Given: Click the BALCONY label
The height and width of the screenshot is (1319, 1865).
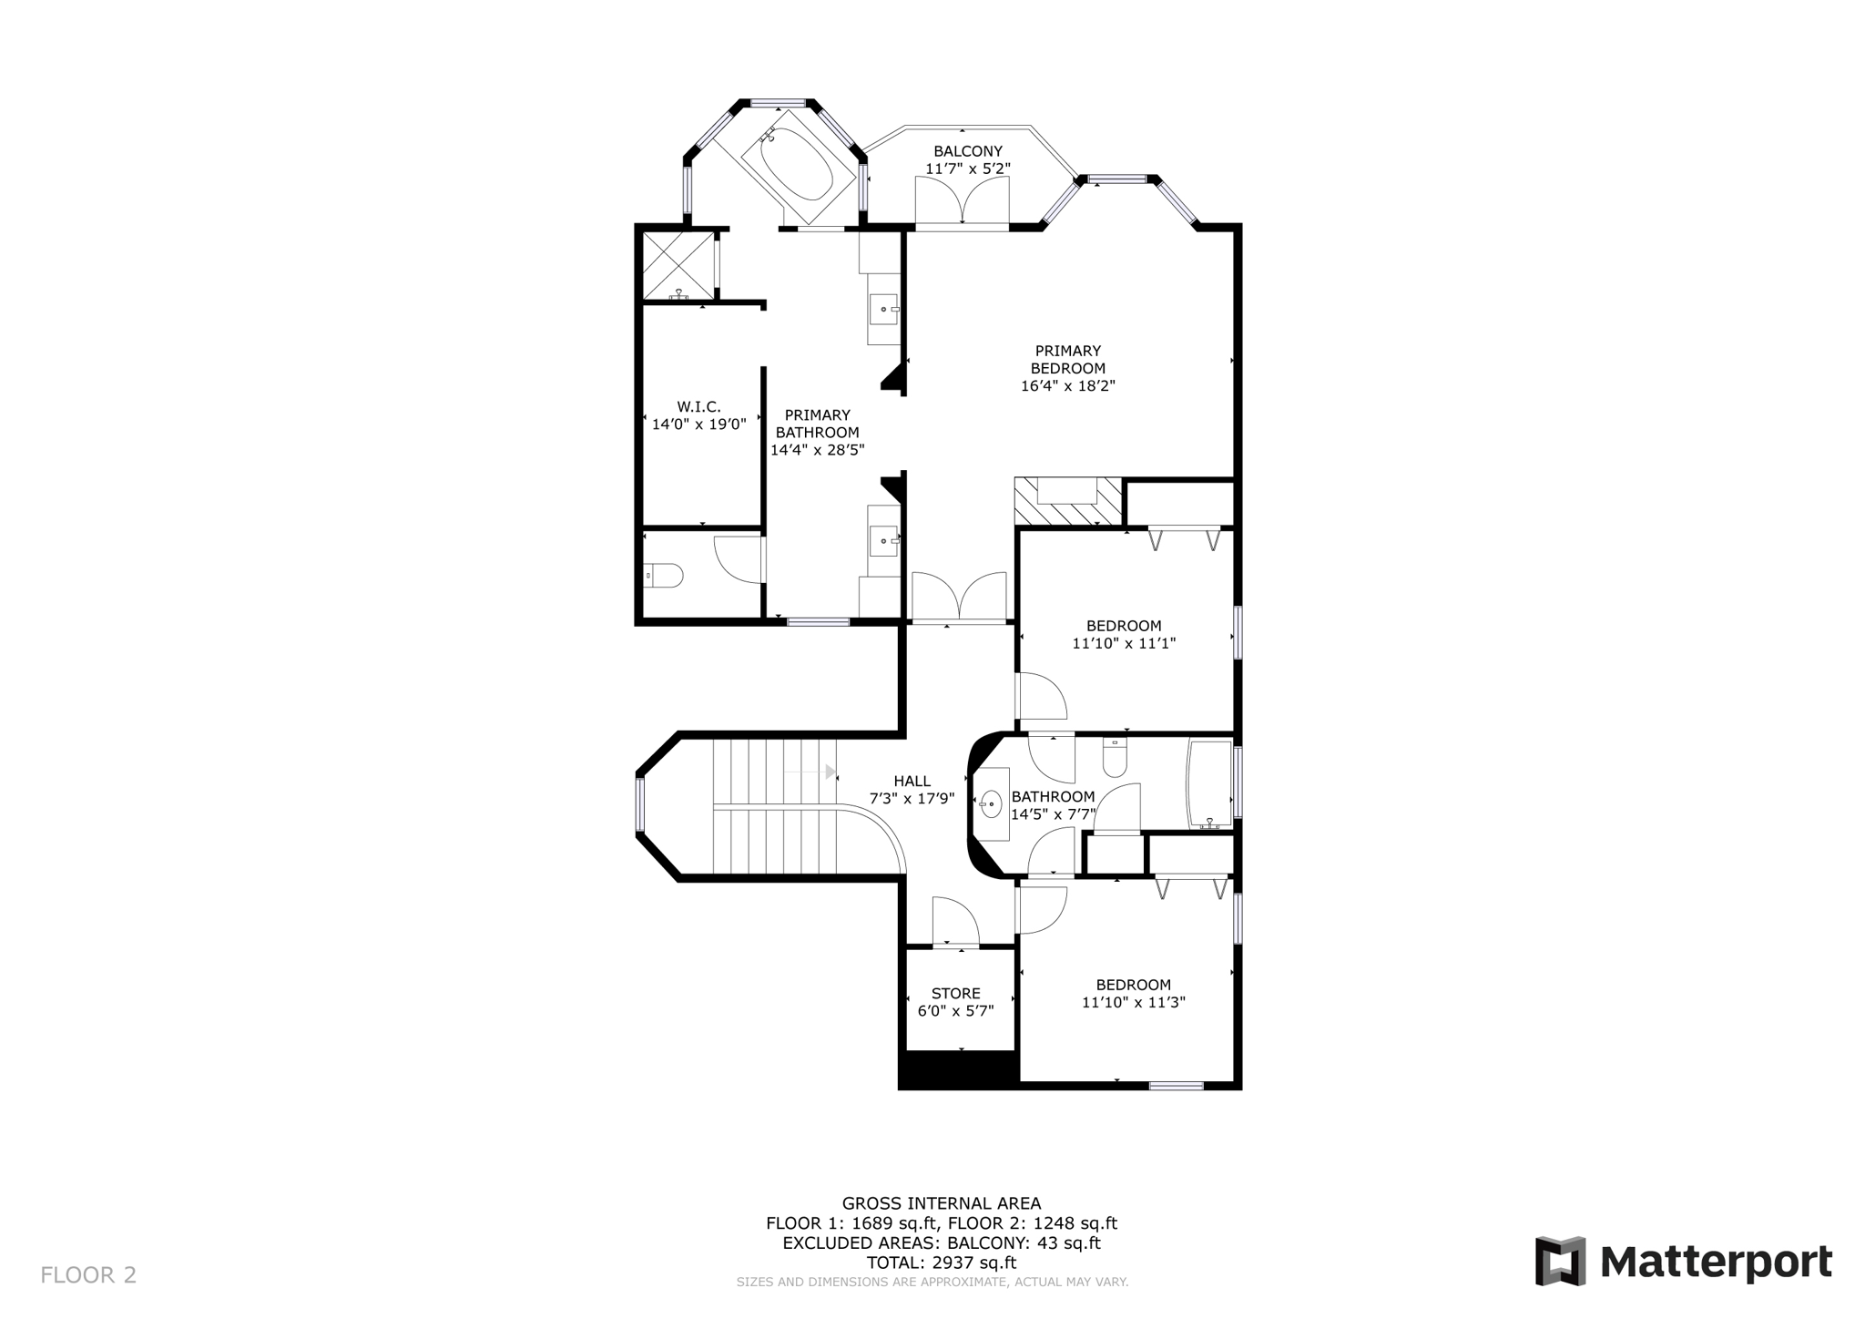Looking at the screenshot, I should [967, 151].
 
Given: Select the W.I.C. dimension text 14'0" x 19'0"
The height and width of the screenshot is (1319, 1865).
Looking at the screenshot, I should [698, 424].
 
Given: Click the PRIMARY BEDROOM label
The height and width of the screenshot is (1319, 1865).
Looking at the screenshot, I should [1067, 360].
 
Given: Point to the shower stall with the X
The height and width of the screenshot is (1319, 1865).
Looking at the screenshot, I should [678, 264].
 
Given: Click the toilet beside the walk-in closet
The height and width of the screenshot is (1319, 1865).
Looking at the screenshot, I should [664, 576].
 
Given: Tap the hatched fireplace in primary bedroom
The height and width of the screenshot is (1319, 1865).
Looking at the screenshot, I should [1067, 502].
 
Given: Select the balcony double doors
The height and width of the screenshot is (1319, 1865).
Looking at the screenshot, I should [962, 201].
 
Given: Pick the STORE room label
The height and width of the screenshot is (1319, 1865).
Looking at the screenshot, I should [955, 994].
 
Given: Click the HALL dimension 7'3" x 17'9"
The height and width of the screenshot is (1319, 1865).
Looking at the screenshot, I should [912, 799].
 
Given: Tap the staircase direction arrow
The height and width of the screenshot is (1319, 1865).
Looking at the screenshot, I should [830, 772].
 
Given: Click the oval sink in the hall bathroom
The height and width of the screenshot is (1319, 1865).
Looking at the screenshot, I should [991, 804].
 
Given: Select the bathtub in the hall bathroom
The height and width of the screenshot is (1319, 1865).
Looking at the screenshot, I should [1209, 783].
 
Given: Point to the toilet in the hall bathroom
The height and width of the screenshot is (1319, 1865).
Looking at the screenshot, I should [1115, 758].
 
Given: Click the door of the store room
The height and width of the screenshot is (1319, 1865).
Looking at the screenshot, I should [954, 922].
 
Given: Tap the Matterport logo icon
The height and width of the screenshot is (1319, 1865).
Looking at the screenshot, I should [1560, 1262].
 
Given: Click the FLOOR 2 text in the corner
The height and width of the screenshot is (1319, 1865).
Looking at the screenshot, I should [88, 1274].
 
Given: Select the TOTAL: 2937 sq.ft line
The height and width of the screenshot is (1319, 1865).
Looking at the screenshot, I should [941, 1263].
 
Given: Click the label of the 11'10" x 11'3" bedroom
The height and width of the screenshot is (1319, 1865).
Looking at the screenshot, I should [1133, 985].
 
